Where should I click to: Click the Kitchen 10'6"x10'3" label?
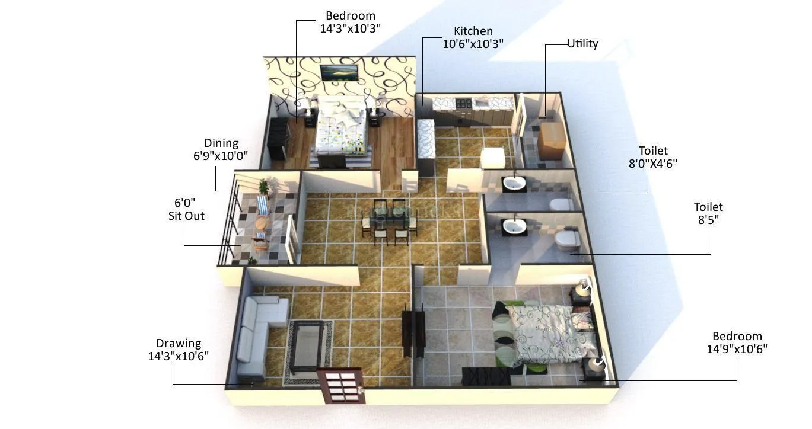pyautogui.click(x=473, y=37)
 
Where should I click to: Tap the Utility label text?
pyautogui.click(x=582, y=43)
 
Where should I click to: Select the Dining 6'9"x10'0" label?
pyautogui.click(x=221, y=149)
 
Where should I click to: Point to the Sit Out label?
pyautogui.click(x=186, y=209)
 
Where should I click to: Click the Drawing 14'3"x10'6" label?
pyautogui.click(x=178, y=350)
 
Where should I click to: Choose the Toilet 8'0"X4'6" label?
pyautogui.click(x=652, y=157)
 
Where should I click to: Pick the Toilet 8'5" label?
pyautogui.click(x=708, y=213)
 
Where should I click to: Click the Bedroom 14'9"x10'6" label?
pyautogui.click(x=737, y=342)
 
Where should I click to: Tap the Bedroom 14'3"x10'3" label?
pyautogui.click(x=350, y=22)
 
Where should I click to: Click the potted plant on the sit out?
pyautogui.click(x=263, y=188)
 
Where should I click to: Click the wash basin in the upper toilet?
pyautogui.click(x=514, y=184)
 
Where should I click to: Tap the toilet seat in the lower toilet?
pyautogui.click(x=566, y=239)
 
